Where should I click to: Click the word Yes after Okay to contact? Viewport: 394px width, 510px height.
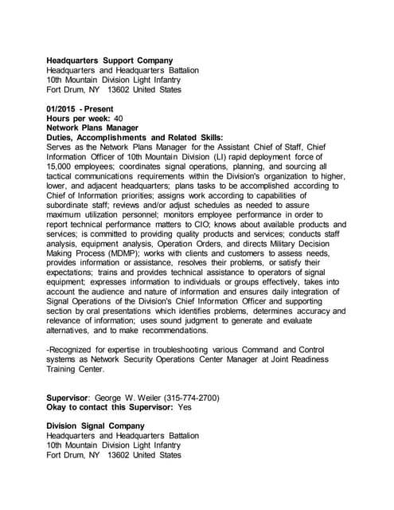[184, 406]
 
